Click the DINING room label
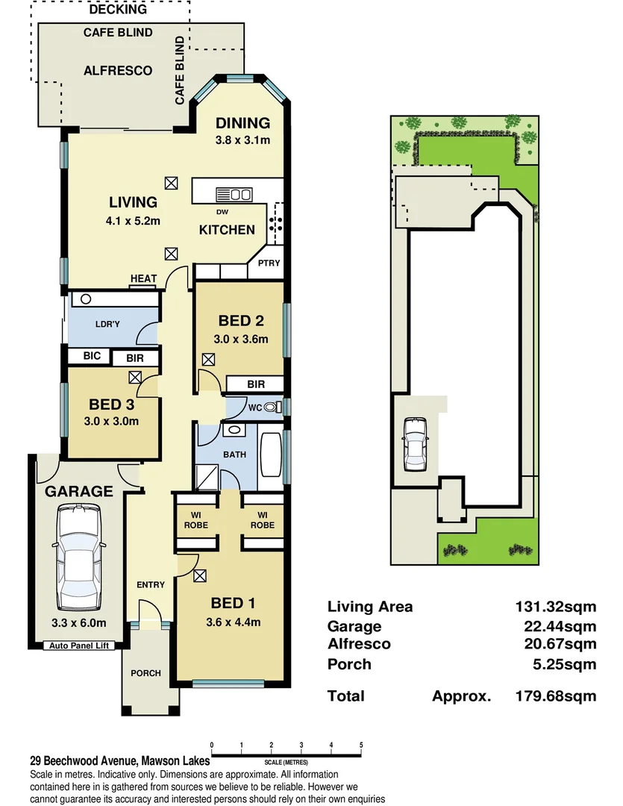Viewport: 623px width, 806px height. pyautogui.click(x=242, y=123)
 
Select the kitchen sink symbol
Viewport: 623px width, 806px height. pyautogui.click(x=234, y=195)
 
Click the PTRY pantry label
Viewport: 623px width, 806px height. pyautogui.click(x=269, y=263)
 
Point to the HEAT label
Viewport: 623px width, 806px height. pyautogui.click(x=144, y=279)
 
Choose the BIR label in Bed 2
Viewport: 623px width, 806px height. pyautogui.click(x=255, y=384)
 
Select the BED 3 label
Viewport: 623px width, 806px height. pyautogui.click(x=111, y=404)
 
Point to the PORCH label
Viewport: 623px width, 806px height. pyautogui.click(x=145, y=673)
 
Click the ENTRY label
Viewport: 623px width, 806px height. pyautogui.click(x=150, y=584)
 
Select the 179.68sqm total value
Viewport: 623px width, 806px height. pyautogui.click(x=556, y=696)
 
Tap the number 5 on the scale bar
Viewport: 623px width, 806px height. pyautogui.click(x=361, y=745)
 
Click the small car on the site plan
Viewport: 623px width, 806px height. pyautogui.click(x=414, y=444)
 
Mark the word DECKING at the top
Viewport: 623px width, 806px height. pyautogui.click(x=118, y=10)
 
